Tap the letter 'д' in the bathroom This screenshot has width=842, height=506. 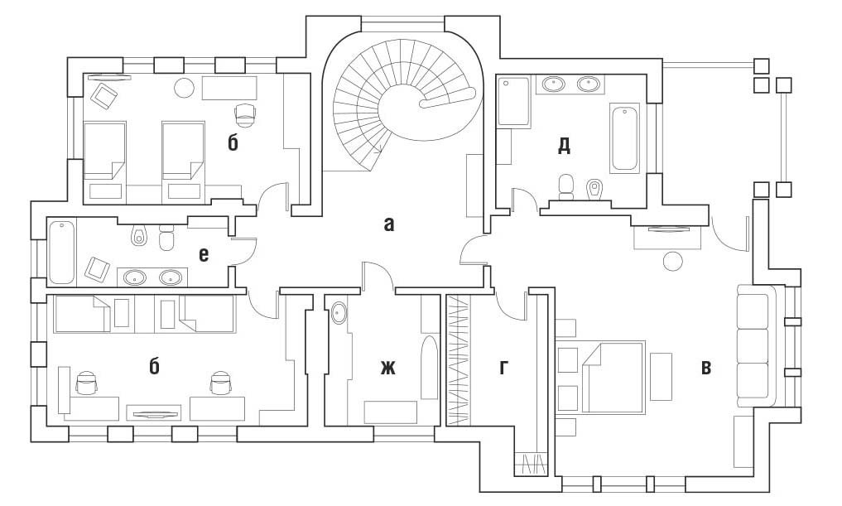[x=564, y=146]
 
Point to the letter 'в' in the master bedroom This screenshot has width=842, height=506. [x=705, y=367]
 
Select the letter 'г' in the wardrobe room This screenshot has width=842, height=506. [x=503, y=367]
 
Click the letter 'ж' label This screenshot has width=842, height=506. [x=387, y=367]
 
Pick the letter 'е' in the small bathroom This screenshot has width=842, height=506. [x=204, y=253]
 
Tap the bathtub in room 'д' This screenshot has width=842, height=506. [x=624, y=137]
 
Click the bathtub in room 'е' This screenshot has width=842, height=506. [x=62, y=251]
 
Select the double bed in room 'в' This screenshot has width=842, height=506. [x=613, y=377]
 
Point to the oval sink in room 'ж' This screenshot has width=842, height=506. [x=339, y=314]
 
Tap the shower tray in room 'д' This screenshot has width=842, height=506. [x=513, y=102]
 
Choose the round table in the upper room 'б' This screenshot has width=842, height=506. [x=184, y=86]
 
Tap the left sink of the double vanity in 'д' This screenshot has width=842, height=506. [x=553, y=83]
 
